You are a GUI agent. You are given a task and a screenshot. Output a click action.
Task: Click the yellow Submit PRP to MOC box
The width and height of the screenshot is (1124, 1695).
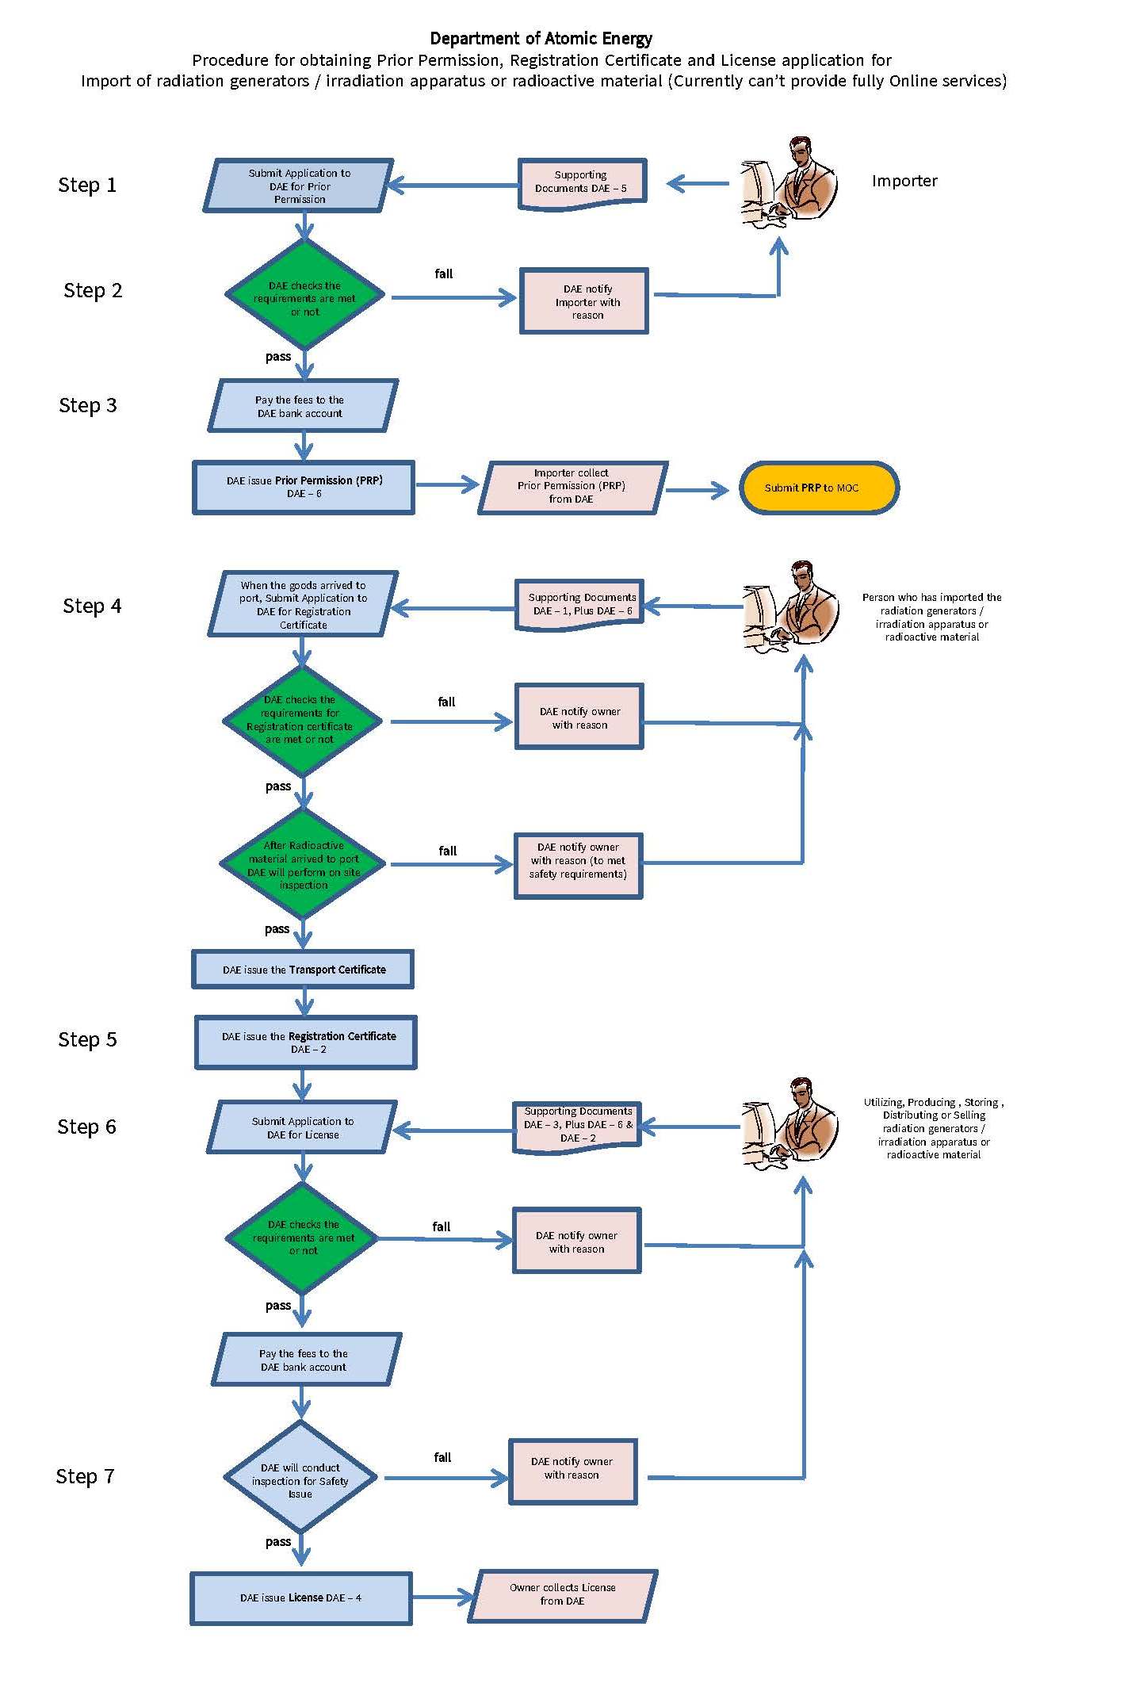818,488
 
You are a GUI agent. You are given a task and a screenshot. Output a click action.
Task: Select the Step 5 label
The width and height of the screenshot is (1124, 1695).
87,1039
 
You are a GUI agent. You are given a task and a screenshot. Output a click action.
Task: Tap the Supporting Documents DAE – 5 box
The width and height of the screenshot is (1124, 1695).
582,182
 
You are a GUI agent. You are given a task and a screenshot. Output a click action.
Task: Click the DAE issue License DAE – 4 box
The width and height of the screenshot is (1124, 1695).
301,1597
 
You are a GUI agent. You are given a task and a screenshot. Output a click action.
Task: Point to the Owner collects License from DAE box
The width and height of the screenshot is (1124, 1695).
563,1594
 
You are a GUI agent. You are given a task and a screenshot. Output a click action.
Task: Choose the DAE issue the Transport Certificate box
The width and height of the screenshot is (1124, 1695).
303,970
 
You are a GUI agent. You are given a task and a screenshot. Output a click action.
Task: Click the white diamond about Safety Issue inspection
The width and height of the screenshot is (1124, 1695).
300,1477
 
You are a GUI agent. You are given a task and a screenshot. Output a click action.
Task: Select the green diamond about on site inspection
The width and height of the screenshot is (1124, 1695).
303,864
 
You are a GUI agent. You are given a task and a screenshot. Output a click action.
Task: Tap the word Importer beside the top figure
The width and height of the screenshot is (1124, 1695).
904,181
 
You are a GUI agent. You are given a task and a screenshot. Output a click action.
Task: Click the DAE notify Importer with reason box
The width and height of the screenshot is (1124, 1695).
584,302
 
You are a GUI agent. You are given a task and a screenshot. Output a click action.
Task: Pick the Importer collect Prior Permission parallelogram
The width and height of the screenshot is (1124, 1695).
572,486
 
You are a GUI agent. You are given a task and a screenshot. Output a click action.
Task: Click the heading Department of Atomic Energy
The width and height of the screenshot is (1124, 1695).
541,38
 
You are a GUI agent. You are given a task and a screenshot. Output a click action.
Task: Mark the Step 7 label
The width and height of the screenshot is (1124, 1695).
85,1476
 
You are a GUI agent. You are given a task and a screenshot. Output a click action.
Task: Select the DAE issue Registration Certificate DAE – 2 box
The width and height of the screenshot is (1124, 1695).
306,1043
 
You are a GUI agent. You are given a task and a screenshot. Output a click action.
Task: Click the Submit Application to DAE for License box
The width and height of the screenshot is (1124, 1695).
302,1127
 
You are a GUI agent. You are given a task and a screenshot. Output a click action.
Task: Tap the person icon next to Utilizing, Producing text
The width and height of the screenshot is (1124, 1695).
789,1124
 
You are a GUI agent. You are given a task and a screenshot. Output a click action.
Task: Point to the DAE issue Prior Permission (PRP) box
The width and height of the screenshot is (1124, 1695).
304,487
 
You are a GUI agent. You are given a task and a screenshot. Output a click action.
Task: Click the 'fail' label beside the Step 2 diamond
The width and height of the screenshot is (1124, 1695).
444,274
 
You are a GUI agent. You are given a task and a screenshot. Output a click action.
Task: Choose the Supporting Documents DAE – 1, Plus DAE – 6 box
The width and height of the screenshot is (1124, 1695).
579,604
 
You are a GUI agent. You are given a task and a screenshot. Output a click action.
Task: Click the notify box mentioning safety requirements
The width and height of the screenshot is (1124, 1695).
578,865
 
